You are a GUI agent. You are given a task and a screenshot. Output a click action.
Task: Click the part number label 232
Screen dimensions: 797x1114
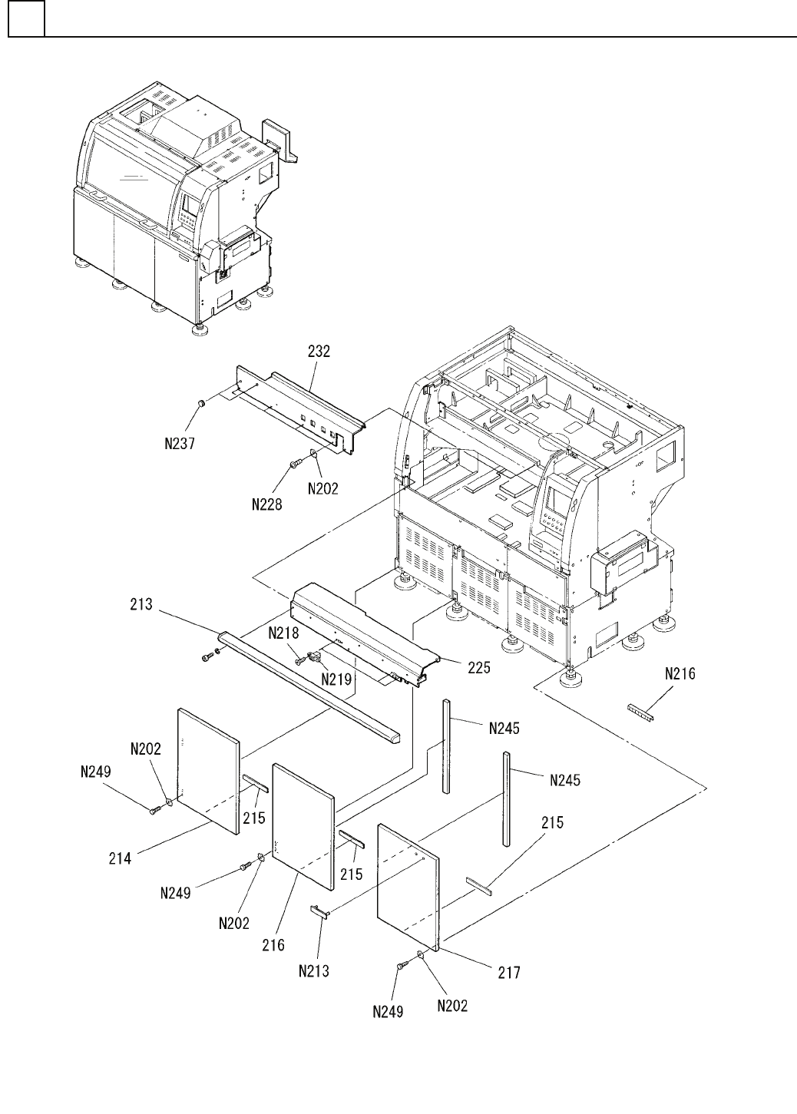[319, 351]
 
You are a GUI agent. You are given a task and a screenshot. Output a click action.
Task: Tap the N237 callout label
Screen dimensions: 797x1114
[180, 443]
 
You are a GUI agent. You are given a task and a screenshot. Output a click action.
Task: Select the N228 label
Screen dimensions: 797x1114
[266, 504]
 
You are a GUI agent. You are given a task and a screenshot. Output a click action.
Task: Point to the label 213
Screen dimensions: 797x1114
[141, 604]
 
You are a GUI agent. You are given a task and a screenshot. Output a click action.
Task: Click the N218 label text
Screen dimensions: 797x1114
[283, 633]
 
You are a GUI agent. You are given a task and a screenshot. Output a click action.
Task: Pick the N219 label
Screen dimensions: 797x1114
[336, 679]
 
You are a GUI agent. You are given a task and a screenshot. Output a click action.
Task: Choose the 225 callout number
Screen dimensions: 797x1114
[478, 667]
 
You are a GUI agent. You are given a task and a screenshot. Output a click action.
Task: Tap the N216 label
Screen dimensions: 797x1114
[680, 674]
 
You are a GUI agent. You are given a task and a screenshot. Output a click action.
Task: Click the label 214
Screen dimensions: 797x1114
[120, 858]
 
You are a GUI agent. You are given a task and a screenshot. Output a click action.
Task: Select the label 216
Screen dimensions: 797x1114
[273, 945]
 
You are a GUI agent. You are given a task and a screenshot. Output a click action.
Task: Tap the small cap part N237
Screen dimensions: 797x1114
[202, 402]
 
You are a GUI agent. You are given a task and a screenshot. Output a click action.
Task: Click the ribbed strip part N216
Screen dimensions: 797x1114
[641, 712]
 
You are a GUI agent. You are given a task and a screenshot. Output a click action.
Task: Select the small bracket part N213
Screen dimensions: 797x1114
[319, 913]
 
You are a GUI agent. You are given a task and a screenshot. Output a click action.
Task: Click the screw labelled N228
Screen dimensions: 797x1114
[295, 464]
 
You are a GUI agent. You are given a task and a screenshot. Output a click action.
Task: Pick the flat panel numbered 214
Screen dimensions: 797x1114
[208, 771]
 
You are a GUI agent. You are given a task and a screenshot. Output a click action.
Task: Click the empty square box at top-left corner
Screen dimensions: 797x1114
[26, 18]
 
